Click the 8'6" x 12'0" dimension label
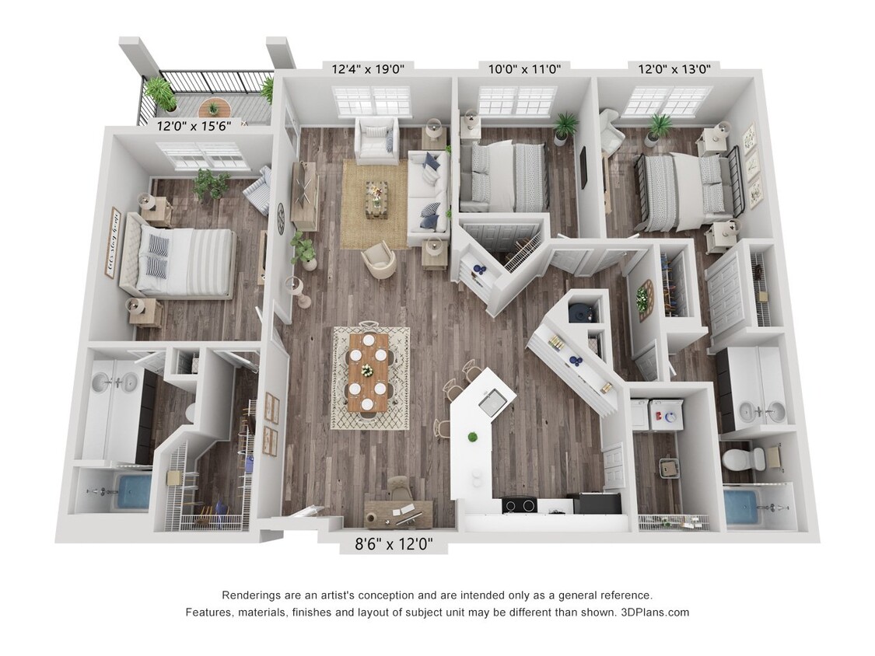click(x=394, y=545)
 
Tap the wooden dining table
click(x=368, y=372)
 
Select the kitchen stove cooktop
click(x=519, y=505)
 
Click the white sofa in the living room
click(x=427, y=194)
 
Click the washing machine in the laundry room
click(x=665, y=414)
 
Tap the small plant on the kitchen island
click(x=471, y=437)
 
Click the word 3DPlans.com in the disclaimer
click(x=655, y=612)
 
